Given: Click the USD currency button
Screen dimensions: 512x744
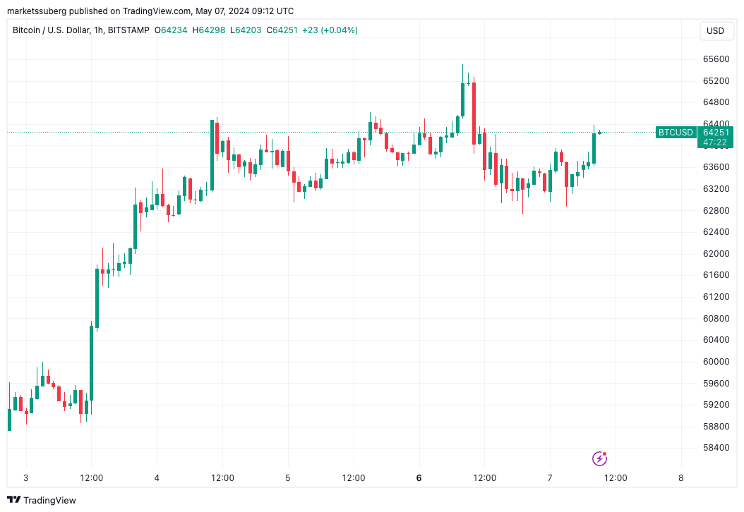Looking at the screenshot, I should (x=715, y=31).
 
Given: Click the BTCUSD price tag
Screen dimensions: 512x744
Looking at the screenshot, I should (x=675, y=132).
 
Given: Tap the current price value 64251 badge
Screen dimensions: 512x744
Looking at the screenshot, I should (x=716, y=132).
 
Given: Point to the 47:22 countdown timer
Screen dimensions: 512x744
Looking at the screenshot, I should (x=716, y=142).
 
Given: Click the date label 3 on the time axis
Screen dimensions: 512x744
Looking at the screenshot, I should (x=26, y=477).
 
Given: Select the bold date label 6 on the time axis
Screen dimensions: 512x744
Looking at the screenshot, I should (x=419, y=477).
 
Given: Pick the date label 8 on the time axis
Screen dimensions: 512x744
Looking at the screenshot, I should (x=680, y=477).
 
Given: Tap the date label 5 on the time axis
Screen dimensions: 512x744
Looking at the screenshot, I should (x=288, y=477).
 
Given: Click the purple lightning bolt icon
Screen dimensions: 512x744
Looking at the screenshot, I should (x=599, y=459).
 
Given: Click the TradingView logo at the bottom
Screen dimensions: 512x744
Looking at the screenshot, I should (x=42, y=500).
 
